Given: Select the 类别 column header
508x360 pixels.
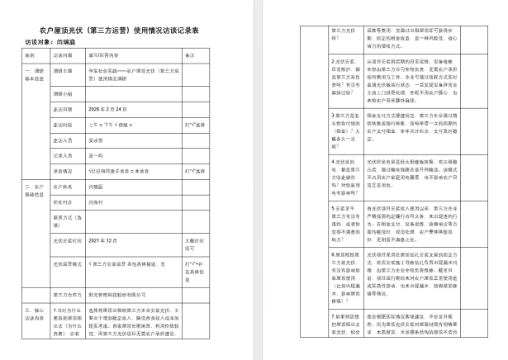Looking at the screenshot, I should [31, 55].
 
